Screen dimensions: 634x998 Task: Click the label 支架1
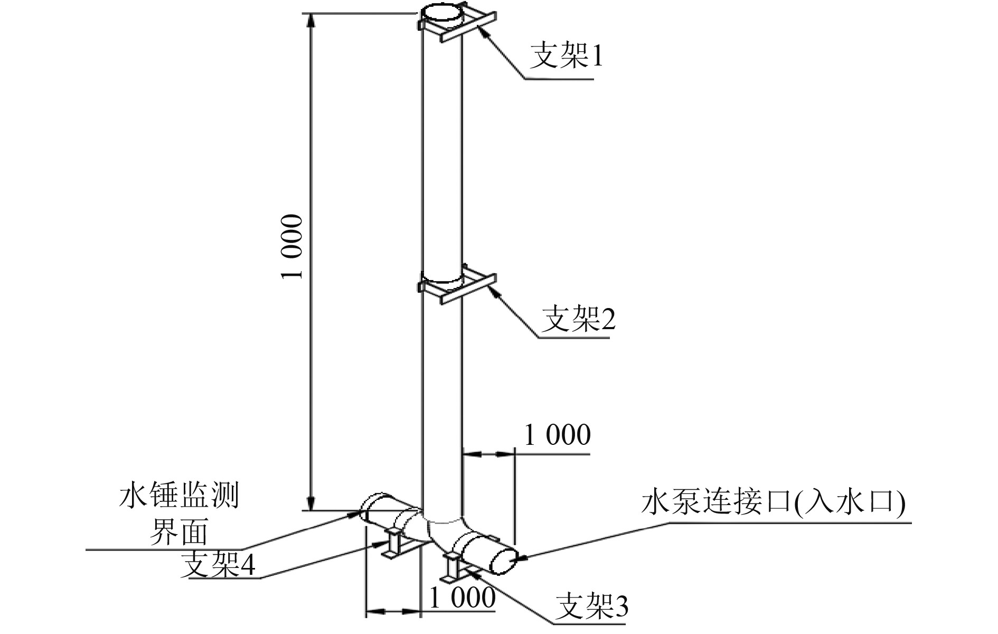tap(566, 56)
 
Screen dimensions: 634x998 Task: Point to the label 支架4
tap(218, 565)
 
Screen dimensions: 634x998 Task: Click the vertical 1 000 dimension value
tap(293, 247)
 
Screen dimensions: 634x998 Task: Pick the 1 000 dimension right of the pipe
tap(557, 435)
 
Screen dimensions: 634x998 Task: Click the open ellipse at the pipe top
tap(443, 13)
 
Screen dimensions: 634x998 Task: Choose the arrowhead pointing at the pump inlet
tap(520, 555)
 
